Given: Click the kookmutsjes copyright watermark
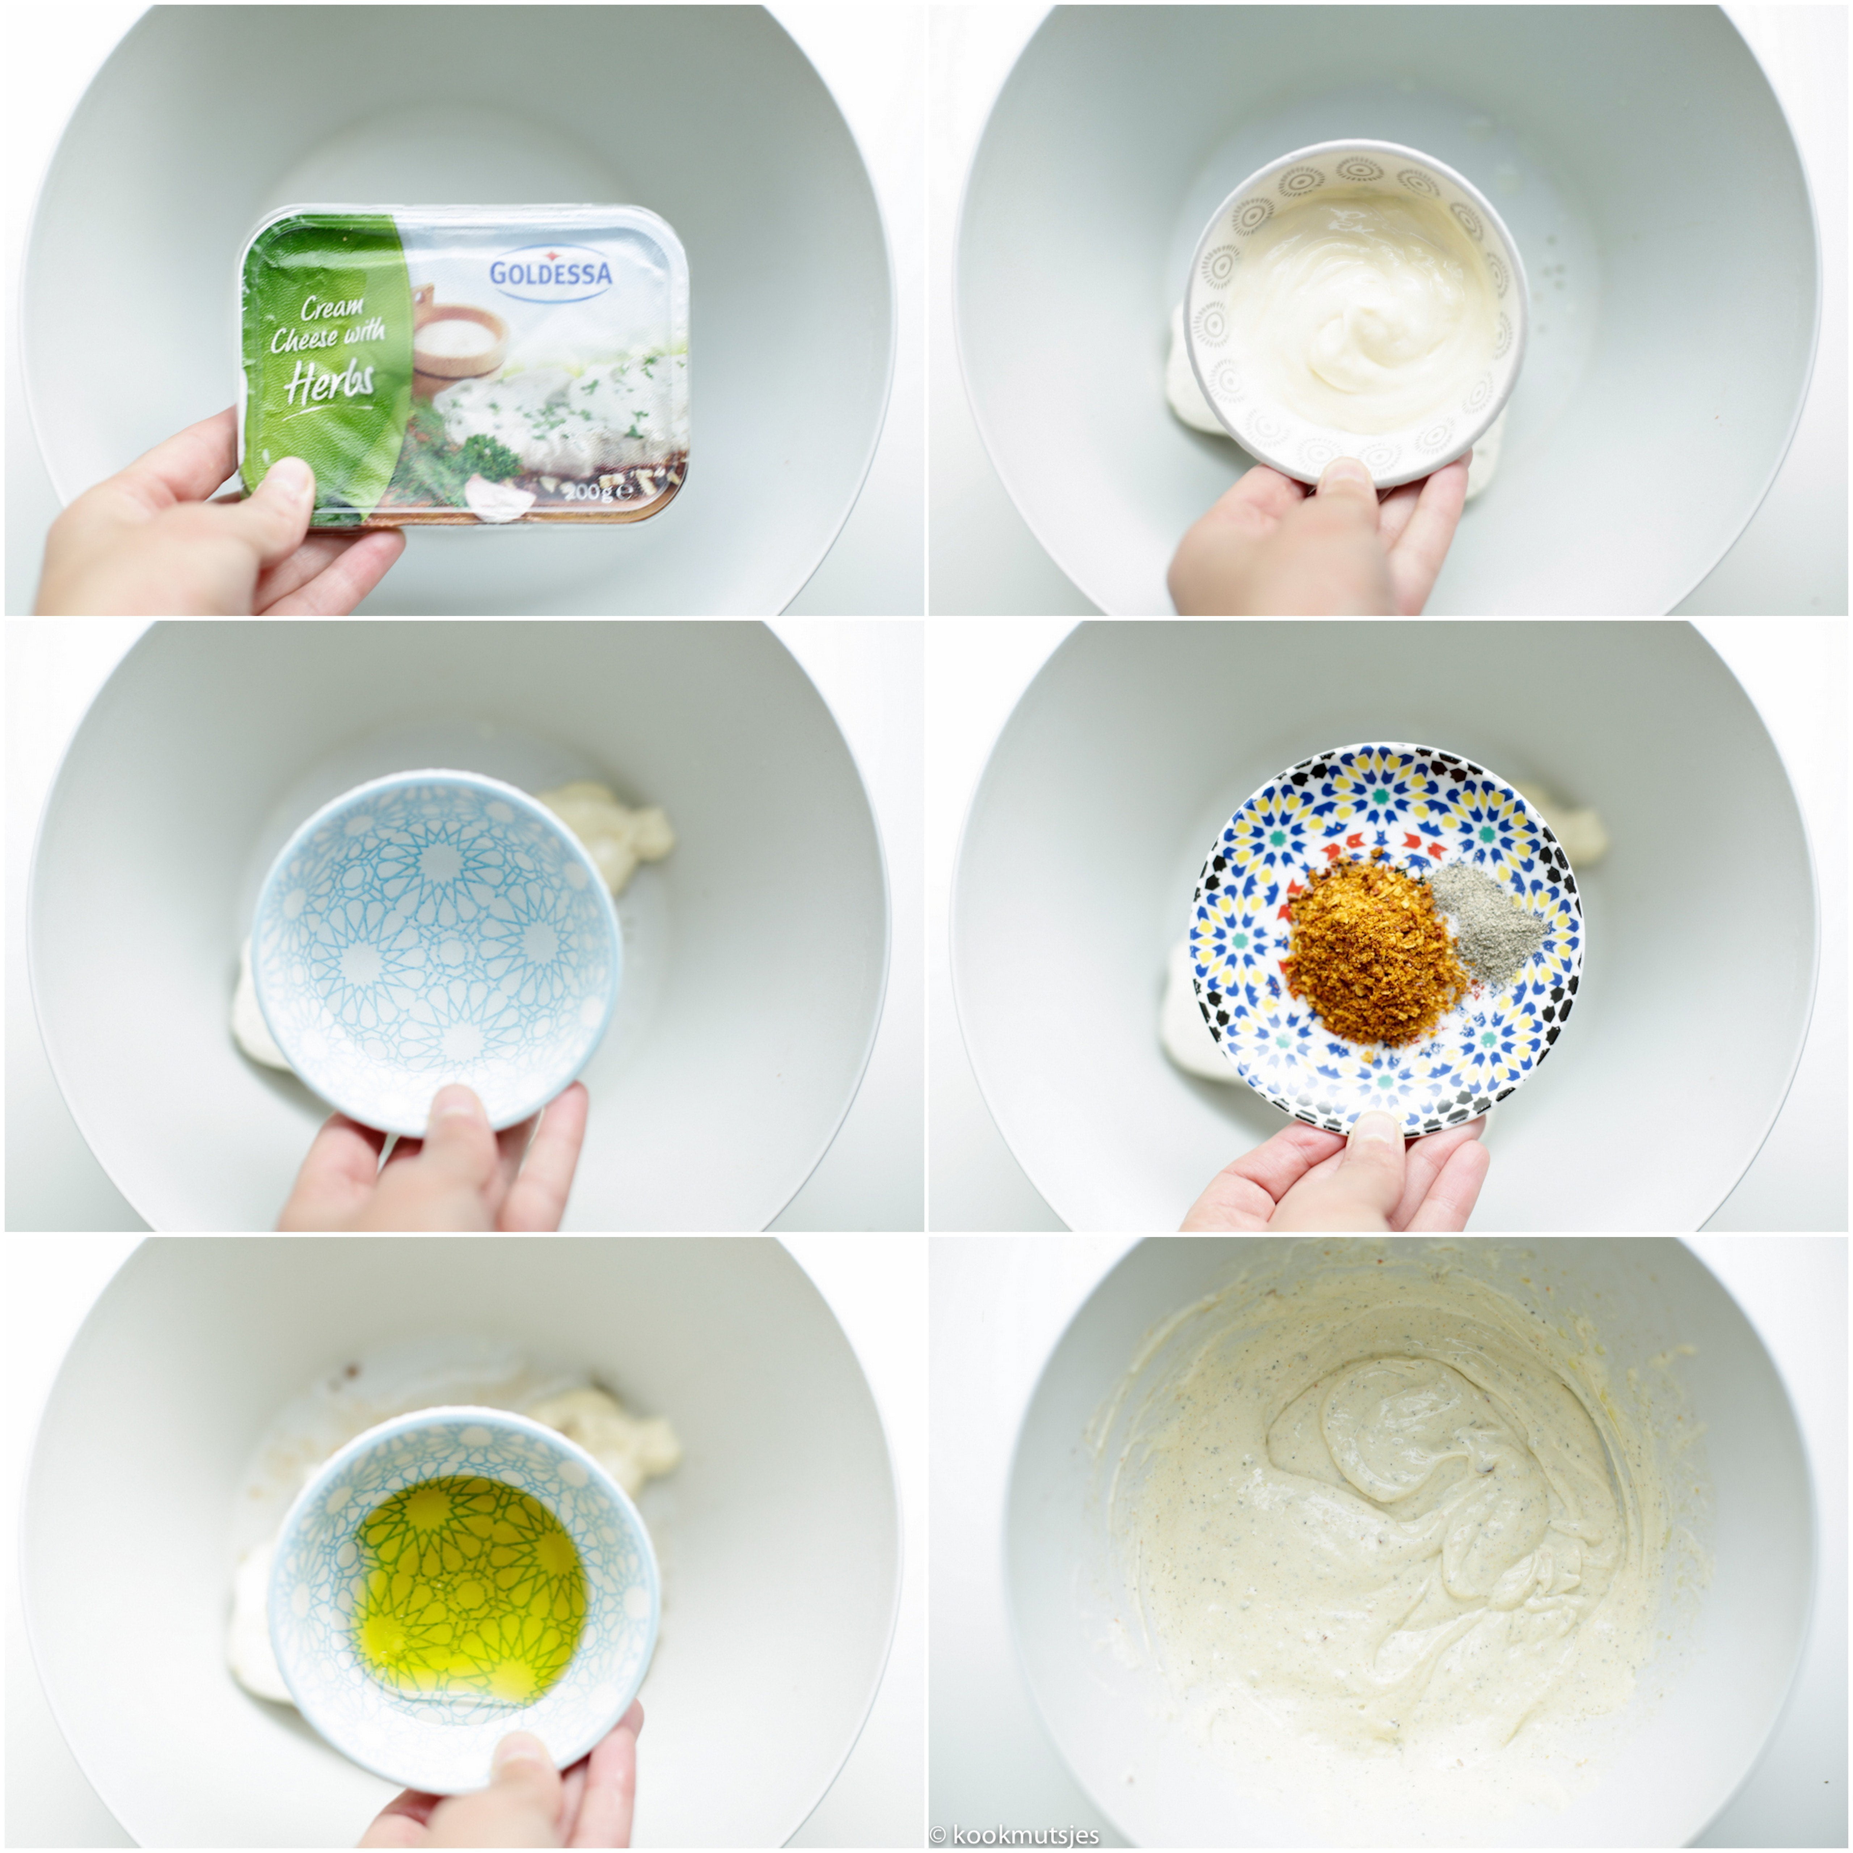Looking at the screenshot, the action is (1015, 1835).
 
